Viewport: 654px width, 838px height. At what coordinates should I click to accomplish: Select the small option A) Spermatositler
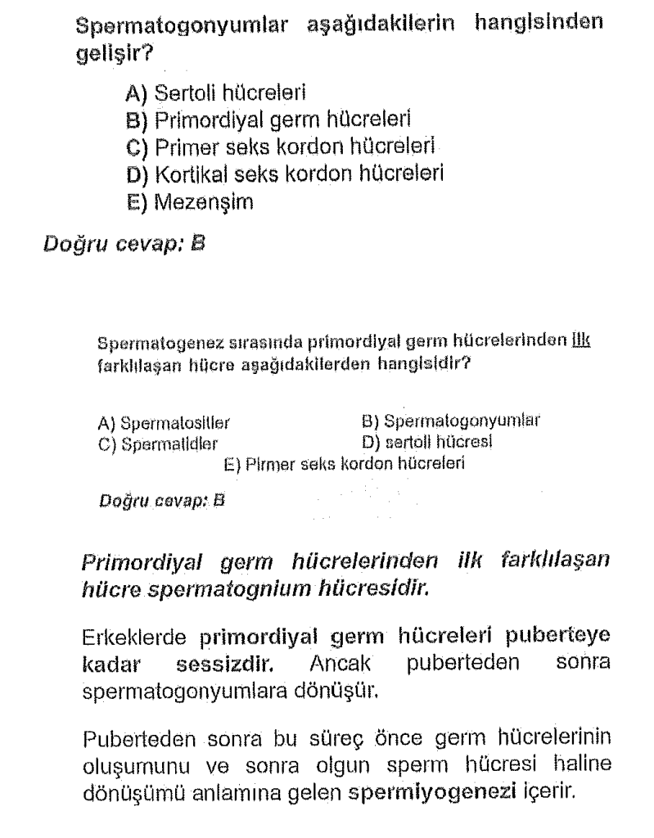164,424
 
